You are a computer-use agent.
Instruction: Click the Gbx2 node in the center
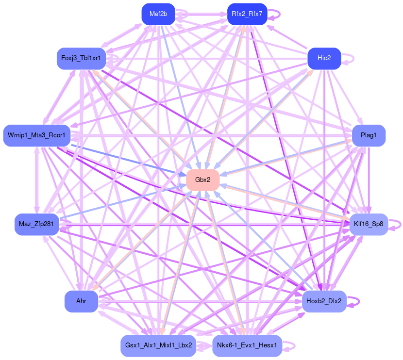point(202,180)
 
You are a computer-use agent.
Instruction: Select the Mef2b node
point(158,14)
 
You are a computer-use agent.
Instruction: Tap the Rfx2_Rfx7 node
point(247,14)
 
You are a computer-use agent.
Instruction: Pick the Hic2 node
point(324,58)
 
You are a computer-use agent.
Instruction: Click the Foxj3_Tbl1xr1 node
point(81,58)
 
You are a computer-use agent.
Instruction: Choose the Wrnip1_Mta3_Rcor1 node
point(37,135)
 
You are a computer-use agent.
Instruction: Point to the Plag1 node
point(369,135)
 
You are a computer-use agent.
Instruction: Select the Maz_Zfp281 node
point(36,224)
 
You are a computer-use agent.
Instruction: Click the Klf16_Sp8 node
point(369,224)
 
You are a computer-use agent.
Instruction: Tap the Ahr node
point(81,301)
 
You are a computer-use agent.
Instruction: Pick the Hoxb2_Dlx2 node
point(324,301)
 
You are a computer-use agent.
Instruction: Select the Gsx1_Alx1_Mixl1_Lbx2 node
point(158,345)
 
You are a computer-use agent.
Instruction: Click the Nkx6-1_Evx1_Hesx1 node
point(247,345)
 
